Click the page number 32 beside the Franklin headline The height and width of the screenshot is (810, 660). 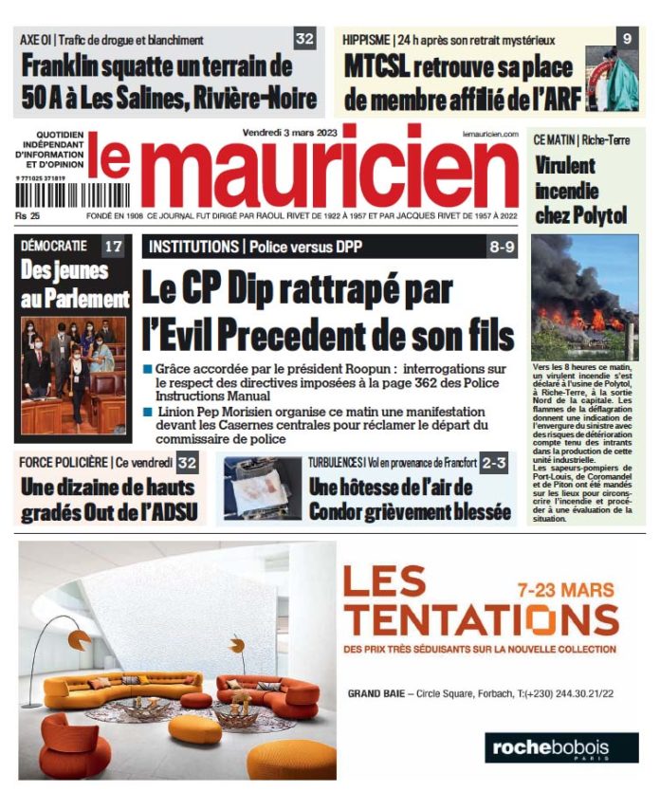click(x=304, y=39)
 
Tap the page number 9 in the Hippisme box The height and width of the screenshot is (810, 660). click(x=627, y=39)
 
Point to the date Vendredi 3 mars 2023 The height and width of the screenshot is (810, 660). click(x=286, y=134)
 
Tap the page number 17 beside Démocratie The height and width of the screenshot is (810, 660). click(x=112, y=247)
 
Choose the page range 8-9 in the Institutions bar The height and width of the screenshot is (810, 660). click(x=502, y=247)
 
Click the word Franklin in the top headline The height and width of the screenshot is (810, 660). click(x=67, y=68)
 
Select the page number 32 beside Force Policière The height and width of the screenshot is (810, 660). click(x=187, y=464)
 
